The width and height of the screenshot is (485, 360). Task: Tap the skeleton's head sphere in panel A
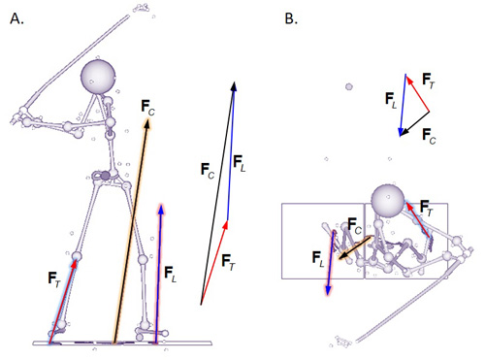pyautogui.click(x=99, y=76)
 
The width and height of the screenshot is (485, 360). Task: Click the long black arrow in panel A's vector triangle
pyautogui.click(x=217, y=194)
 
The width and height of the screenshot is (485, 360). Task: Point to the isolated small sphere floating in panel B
pyautogui.click(x=348, y=87)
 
